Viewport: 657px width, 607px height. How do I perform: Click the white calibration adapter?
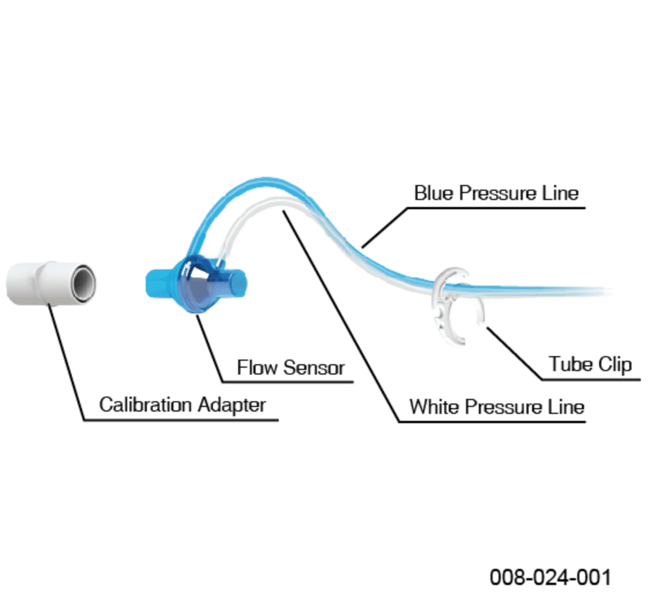(x=51, y=283)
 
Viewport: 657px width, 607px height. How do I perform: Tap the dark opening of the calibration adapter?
(x=84, y=282)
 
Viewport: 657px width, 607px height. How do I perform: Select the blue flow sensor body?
(x=196, y=284)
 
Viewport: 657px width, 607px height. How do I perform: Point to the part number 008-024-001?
(x=550, y=578)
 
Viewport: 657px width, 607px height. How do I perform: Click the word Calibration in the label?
(x=145, y=405)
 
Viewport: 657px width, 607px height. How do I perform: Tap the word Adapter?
(x=232, y=405)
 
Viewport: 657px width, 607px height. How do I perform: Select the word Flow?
(x=257, y=368)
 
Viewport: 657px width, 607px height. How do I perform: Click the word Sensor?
(x=314, y=368)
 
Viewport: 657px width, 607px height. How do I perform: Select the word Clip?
(x=615, y=364)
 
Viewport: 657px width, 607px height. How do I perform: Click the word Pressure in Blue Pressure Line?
(x=498, y=193)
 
